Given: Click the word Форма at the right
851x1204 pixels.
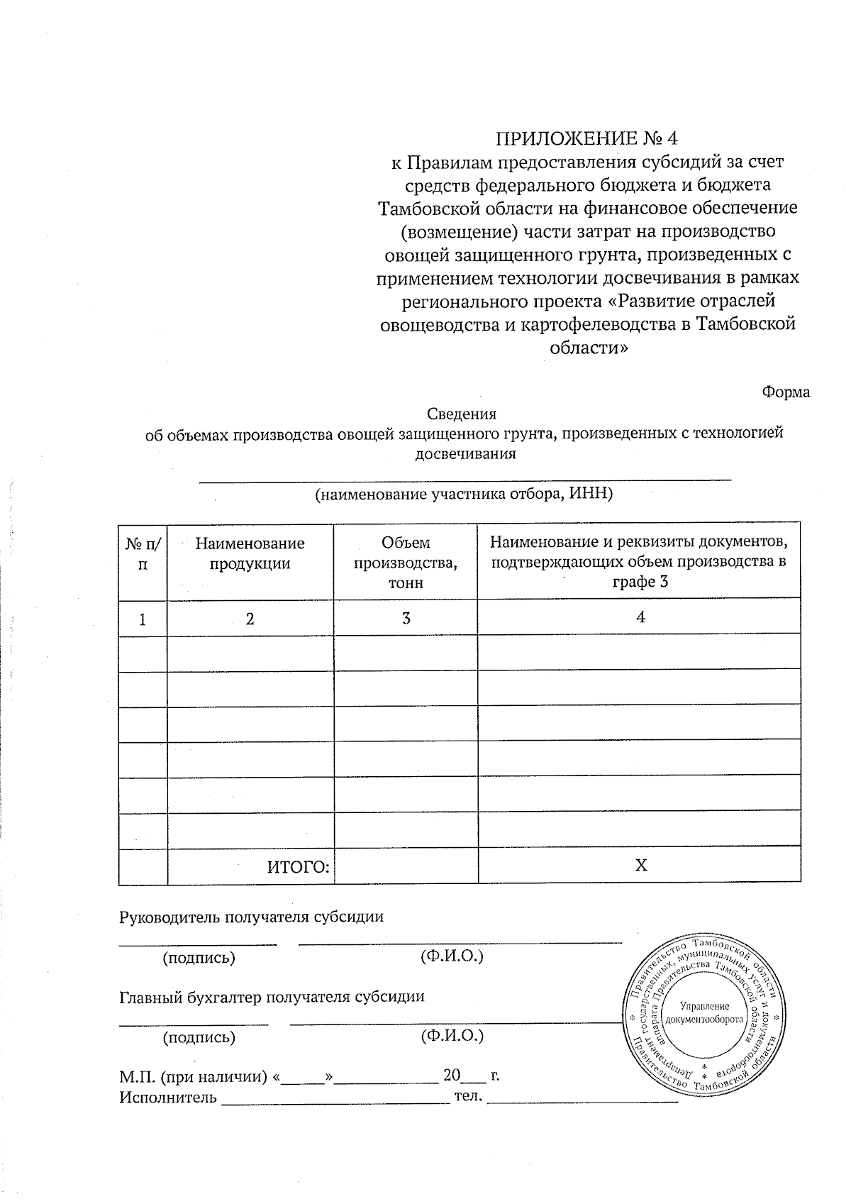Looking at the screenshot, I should point(786,392).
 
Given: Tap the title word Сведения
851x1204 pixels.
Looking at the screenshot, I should point(462,414).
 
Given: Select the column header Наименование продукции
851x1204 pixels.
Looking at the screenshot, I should point(250,553).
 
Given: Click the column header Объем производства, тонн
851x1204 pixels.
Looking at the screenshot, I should point(406,562).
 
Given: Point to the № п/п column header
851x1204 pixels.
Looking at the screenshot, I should point(143,553).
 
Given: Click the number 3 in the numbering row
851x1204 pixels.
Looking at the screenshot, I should point(406,618).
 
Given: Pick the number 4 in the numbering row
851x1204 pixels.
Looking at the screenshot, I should point(640,617).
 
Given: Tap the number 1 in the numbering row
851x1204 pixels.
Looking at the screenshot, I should point(143,619).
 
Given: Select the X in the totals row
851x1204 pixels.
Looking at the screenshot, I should point(640,866).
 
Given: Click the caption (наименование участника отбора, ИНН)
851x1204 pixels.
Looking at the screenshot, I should point(463,494).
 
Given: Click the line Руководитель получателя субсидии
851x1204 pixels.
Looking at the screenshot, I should point(251,916).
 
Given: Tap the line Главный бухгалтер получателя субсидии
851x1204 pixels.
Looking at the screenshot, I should point(272,996).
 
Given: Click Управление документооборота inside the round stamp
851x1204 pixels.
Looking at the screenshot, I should point(704,1012).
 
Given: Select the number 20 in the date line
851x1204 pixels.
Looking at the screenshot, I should point(452,1076).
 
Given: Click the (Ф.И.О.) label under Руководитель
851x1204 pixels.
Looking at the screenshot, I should point(452,956).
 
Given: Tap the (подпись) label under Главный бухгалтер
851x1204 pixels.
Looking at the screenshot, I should point(199,1037).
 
